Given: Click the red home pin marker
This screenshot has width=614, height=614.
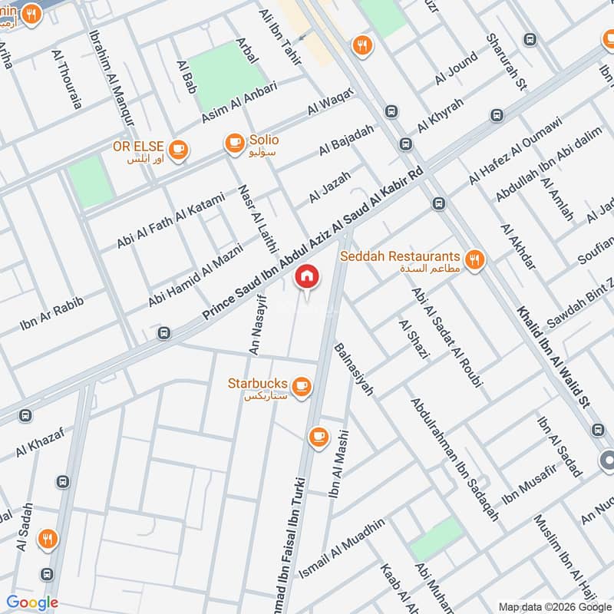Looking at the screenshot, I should (306, 276).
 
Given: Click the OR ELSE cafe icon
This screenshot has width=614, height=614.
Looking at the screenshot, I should (178, 149).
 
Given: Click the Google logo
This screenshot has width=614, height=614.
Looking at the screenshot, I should (33, 602).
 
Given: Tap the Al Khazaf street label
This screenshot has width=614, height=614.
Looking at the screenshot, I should (37, 444).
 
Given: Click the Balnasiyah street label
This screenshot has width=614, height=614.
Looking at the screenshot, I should (354, 369).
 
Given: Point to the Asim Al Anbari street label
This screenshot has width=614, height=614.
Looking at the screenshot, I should (239, 101).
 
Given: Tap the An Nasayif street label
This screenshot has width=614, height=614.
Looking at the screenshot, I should (257, 327).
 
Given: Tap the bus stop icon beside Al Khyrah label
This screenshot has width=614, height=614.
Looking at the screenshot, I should (392, 111).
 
